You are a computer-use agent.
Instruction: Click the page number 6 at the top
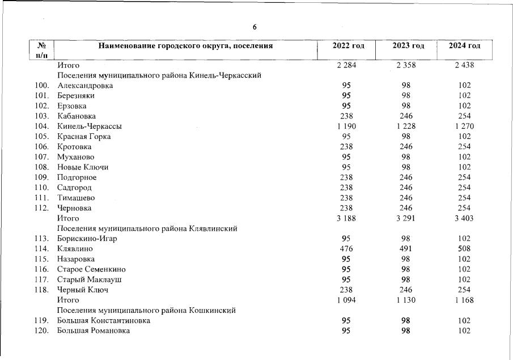pos(255,27)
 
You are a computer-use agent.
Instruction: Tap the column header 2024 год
pos(464,45)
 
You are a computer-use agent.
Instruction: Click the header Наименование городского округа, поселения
pos(186,45)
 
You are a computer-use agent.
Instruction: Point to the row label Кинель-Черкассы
pos(90,126)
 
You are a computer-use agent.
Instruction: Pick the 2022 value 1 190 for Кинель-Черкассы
pos(346,126)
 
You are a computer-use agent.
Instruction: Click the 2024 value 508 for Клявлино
pos(464,249)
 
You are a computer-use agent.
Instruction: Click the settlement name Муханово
pos(76,157)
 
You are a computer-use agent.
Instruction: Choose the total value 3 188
pos(346,218)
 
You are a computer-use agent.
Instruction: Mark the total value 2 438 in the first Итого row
pos(464,65)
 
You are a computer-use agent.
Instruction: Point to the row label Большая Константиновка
pos(104,320)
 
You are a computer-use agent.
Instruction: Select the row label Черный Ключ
pos(83,290)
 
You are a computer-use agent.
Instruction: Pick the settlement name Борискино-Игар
pos(87,239)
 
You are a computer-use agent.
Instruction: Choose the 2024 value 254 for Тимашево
pos(464,198)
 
